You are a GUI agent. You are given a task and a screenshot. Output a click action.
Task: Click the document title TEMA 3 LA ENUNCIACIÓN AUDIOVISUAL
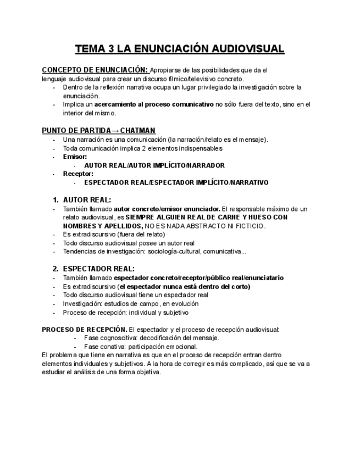180,49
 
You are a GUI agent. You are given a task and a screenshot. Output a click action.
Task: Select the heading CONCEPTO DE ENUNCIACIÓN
95,70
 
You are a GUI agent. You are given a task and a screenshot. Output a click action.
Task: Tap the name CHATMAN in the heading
137,130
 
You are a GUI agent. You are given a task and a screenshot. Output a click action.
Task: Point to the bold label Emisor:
75,157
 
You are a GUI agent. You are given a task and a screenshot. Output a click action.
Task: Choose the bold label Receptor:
78,174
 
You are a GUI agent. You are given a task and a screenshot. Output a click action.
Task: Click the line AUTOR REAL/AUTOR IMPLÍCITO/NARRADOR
154,165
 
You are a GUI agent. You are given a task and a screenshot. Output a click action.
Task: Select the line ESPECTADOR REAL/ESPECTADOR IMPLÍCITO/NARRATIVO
176,182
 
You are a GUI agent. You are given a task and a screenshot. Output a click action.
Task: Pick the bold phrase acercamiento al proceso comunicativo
154,104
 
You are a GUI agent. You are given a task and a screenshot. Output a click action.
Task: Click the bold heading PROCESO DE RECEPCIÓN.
84,330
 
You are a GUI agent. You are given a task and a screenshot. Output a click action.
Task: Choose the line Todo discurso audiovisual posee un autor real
129,243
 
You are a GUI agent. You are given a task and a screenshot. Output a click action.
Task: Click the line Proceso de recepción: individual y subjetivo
125,312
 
